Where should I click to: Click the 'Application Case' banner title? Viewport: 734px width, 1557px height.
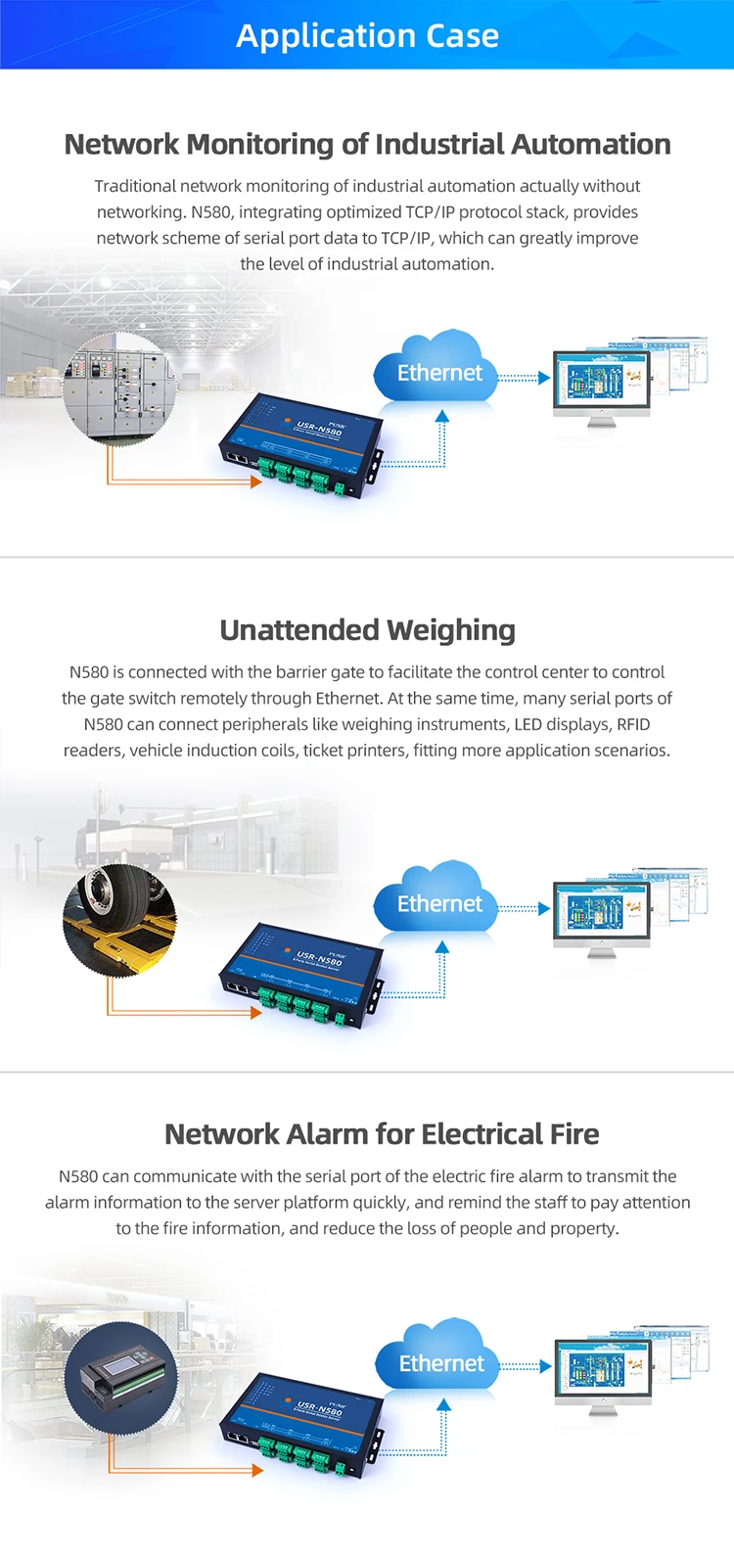tap(367, 36)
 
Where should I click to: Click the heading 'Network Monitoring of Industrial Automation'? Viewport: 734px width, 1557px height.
tap(367, 145)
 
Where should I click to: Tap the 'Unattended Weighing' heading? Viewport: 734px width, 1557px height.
tap(367, 630)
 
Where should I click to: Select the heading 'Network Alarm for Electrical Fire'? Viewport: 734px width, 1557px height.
tap(382, 1134)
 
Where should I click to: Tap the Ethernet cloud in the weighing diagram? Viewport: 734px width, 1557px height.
tap(436, 901)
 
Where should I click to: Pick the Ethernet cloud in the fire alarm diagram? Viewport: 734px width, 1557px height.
tap(437, 1360)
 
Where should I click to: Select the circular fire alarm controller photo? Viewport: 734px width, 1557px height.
tap(122, 1378)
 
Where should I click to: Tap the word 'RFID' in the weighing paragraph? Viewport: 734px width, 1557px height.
tap(633, 724)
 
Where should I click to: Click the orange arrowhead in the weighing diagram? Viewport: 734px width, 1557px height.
tap(256, 1013)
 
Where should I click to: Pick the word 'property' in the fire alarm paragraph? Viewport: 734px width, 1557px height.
tap(585, 1228)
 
